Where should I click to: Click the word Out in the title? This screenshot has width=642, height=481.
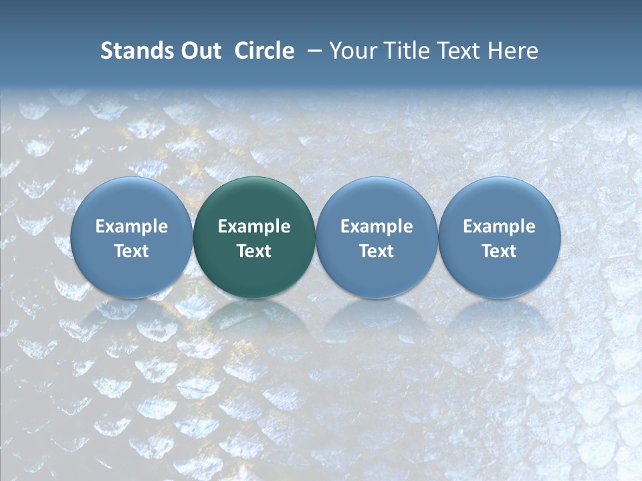pyautogui.click(x=200, y=51)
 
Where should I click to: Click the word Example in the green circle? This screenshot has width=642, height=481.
pyautogui.click(x=254, y=226)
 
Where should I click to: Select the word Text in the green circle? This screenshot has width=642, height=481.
pyautogui.click(x=254, y=251)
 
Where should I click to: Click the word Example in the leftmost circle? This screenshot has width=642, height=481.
pyautogui.click(x=131, y=226)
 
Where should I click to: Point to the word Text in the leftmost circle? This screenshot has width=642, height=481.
pyautogui.click(x=131, y=251)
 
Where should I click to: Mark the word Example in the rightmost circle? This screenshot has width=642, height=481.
pyautogui.click(x=499, y=226)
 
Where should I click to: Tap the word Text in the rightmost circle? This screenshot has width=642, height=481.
pyautogui.click(x=499, y=251)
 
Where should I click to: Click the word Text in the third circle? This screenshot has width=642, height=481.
pyautogui.click(x=377, y=251)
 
